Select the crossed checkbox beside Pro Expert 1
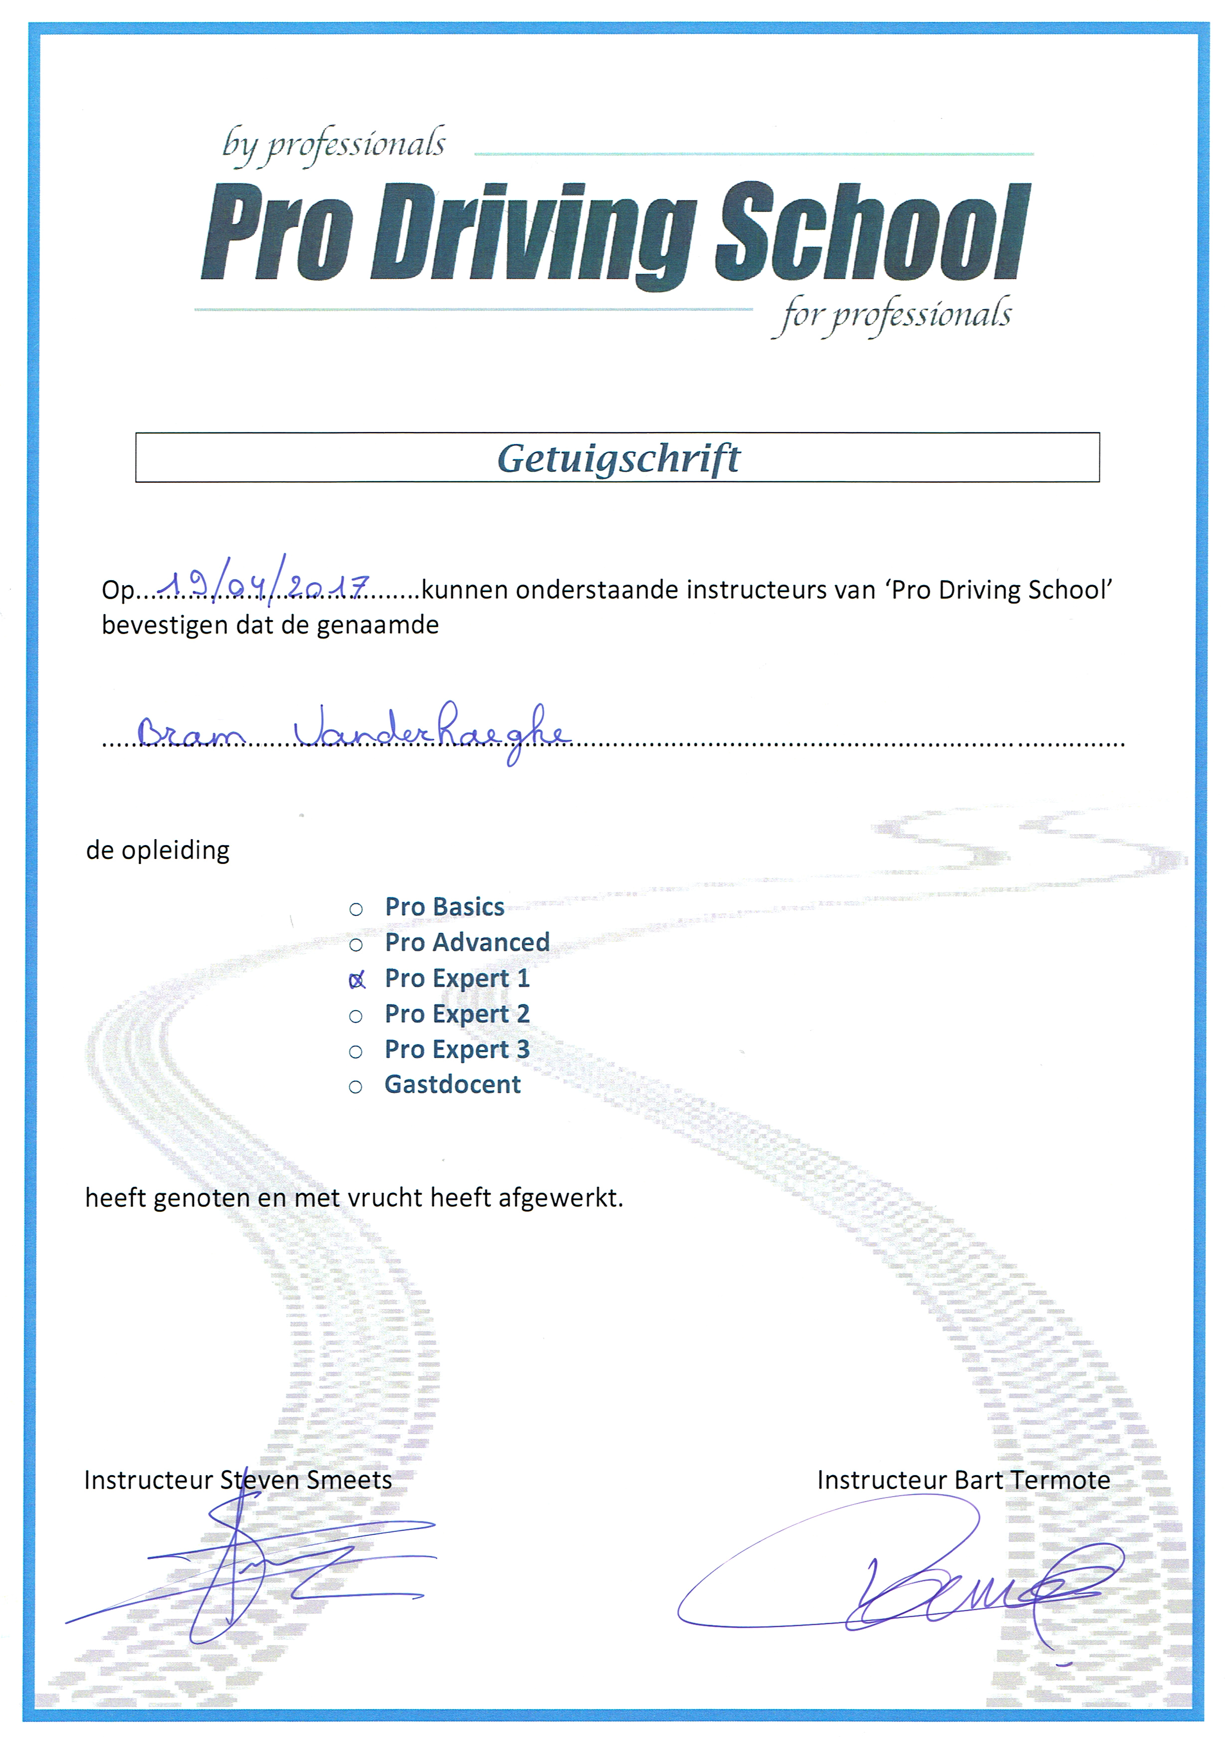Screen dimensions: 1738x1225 point(357,981)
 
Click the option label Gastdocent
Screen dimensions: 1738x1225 point(452,1085)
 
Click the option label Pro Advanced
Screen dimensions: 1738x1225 point(467,942)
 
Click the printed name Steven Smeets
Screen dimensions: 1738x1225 point(306,1480)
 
